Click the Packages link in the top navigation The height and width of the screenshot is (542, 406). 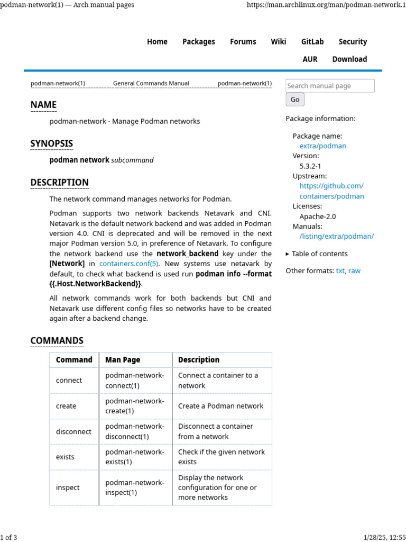[x=198, y=42]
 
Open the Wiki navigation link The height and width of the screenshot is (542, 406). [x=278, y=42]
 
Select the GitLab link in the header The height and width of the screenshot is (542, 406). [x=312, y=42]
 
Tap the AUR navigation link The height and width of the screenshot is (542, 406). [x=310, y=59]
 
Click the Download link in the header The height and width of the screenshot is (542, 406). [x=349, y=59]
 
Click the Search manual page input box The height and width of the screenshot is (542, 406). [x=330, y=86]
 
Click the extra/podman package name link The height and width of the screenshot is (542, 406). [x=322, y=146]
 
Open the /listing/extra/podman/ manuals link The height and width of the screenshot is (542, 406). [x=336, y=236]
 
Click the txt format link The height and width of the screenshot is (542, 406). [x=340, y=270]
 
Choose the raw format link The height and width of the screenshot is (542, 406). [x=354, y=270]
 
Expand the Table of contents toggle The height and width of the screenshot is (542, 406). [x=317, y=254]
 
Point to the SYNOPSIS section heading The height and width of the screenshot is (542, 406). [x=51, y=143]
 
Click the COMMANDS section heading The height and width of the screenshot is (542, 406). [x=57, y=340]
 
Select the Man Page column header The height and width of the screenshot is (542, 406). [x=123, y=360]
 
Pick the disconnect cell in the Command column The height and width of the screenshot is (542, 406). [x=73, y=431]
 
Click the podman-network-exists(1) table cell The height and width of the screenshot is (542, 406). [x=134, y=457]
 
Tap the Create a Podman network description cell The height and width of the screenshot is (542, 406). [x=220, y=406]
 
